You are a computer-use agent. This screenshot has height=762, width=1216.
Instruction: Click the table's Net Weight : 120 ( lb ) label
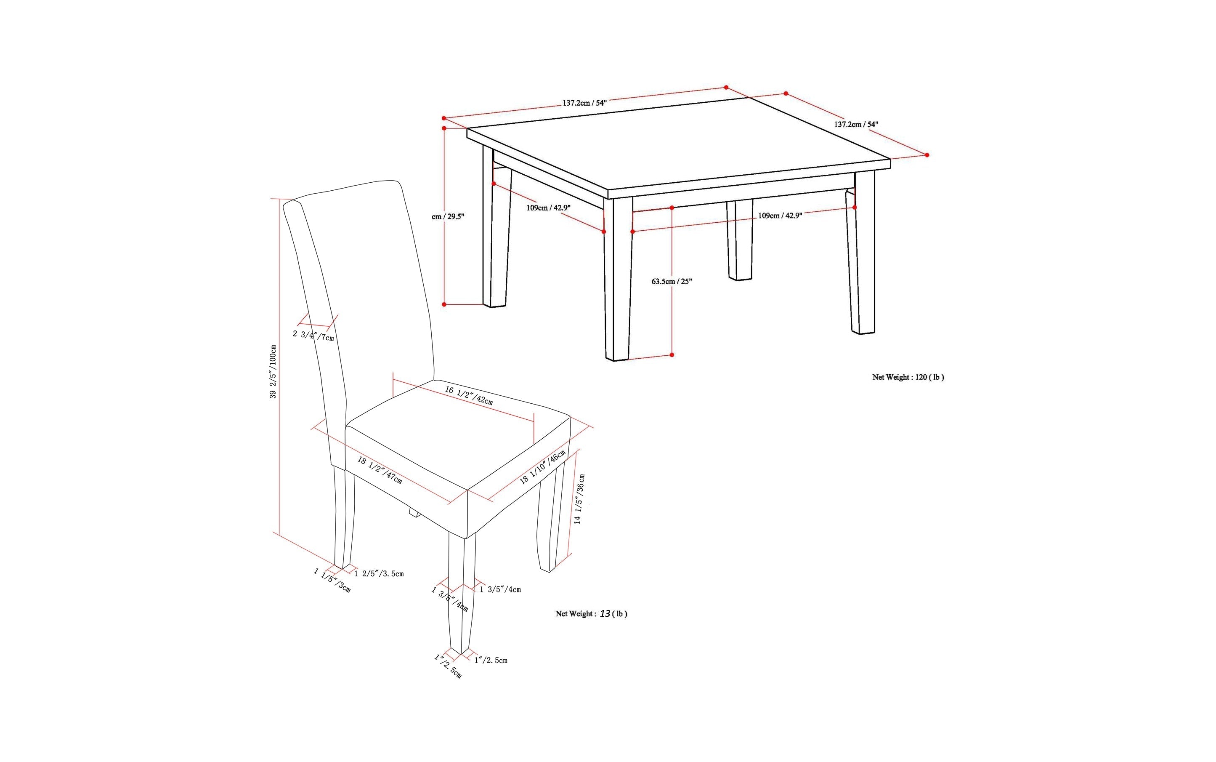click(x=908, y=377)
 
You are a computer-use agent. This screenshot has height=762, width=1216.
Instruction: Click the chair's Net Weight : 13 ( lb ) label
click(x=591, y=613)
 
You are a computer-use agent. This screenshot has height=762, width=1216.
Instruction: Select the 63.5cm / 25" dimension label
click(x=672, y=281)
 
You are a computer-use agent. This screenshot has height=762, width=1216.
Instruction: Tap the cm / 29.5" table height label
click(x=448, y=217)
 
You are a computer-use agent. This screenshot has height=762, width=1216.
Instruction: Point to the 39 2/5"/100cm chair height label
click(x=273, y=371)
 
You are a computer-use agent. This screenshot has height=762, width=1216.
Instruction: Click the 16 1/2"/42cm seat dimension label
click(x=468, y=396)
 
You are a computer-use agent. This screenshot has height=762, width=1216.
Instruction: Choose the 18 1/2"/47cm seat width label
click(x=380, y=470)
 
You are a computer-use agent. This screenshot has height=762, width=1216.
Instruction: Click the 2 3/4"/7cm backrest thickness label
click(x=313, y=335)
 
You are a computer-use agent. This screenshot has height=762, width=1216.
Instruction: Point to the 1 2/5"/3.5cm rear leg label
click(x=379, y=573)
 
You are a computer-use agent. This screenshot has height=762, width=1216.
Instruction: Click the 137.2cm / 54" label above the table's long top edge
click(x=584, y=103)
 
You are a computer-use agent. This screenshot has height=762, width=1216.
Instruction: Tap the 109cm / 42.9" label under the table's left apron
click(x=548, y=208)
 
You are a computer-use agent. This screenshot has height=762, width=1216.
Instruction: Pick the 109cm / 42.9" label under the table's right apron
click(x=780, y=216)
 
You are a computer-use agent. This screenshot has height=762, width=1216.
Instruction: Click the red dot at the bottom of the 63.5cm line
click(x=672, y=355)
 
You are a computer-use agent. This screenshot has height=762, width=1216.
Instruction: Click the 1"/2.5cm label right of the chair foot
click(x=491, y=660)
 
